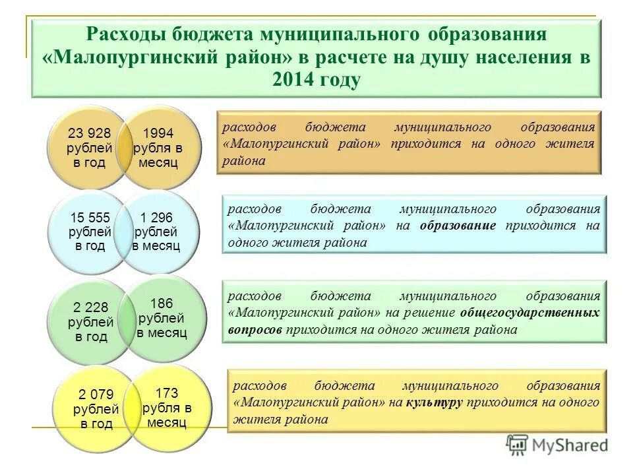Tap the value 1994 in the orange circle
pos(158,133)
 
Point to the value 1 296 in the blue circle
pos(157,217)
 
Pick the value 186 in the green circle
pos(162,303)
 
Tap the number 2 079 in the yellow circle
pos(96,395)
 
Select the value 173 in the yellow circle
pos(166,393)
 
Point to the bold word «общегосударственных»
pos(530,312)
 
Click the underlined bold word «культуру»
pos(433,402)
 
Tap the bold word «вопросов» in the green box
pos(256,329)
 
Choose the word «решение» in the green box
pos(431,312)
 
